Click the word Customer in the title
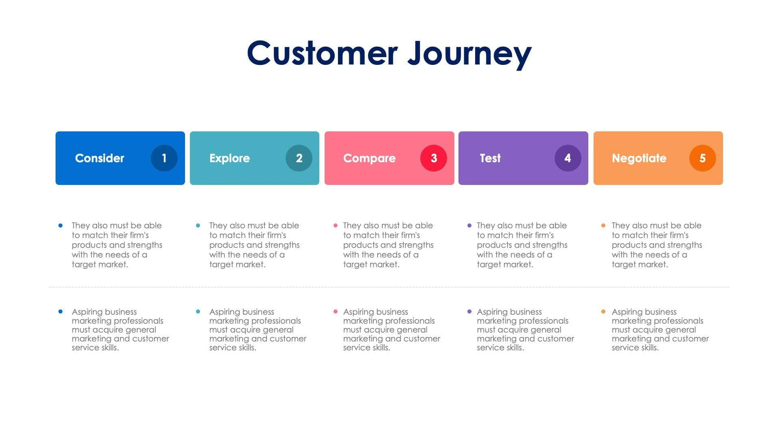pyautogui.click(x=322, y=53)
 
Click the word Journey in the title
pyautogui.click(x=469, y=54)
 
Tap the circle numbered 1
pyautogui.click(x=164, y=158)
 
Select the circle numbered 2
pyautogui.click(x=299, y=158)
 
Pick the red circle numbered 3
pyautogui.click(x=433, y=158)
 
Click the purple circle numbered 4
pyautogui.click(x=567, y=158)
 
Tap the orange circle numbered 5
pyautogui.click(x=702, y=158)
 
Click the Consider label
pyautogui.click(x=100, y=158)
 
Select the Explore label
pyautogui.click(x=229, y=158)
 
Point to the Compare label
pyautogui.click(x=369, y=158)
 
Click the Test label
pyautogui.click(x=490, y=158)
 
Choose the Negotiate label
pyautogui.click(x=639, y=158)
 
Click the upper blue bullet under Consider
pyautogui.click(x=60, y=225)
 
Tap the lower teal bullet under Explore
pyautogui.click(x=198, y=312)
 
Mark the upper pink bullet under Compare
pyautogui.click(x=335, y=225)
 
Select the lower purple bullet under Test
pyautogui.click(x=469, y=312)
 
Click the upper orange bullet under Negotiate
pyautogui.click(x=603, y=225)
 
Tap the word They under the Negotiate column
pyautogui.click(x=620, y=225)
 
